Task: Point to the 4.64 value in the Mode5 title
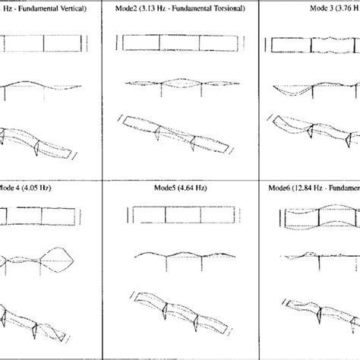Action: click(x=178, y=187)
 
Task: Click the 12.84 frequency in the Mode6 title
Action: click(x=301, y=187)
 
